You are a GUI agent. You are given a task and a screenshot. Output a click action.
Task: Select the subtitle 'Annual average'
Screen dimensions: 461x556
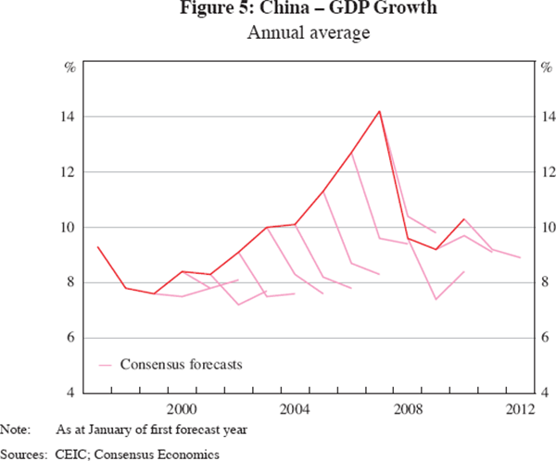point(278,35)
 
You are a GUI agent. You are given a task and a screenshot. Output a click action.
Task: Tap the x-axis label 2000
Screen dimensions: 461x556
point(181,408)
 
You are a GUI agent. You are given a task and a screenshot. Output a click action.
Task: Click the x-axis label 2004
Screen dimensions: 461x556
point(295,408)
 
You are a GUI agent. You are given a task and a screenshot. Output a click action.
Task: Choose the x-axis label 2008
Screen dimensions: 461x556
point(409,408)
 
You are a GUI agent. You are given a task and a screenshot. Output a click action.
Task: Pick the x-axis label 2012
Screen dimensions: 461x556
point(522,408)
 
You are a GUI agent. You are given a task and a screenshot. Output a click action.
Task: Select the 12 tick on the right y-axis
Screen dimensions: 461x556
point(547,172)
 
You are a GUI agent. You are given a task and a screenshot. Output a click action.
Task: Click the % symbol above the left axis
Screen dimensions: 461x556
point(69,67)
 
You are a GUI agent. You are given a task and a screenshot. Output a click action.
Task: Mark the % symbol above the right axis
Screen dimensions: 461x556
point(546,67)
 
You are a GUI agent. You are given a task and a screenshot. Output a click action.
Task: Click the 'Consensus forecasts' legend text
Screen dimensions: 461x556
point(181,364)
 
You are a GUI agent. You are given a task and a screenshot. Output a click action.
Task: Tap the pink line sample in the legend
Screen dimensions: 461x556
point(105,364)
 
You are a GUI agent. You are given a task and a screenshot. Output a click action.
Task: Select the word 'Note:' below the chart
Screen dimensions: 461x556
point(15,430)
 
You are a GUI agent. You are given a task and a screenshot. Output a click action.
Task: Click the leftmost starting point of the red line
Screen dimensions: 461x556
point(97,246)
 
